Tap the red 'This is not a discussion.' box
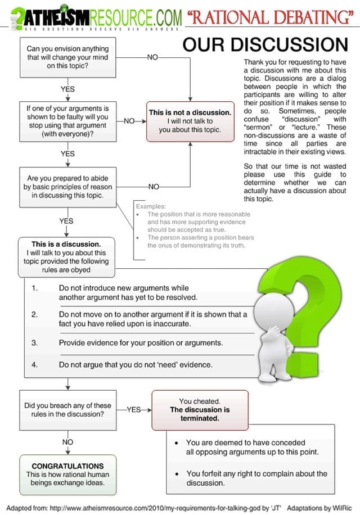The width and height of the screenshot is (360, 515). (190, 121)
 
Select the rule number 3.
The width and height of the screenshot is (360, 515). (34, 342)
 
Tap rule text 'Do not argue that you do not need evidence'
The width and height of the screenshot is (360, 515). (136, 364)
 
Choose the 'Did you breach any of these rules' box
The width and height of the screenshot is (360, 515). (67, 410)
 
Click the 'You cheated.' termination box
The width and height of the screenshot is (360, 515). (192, 410)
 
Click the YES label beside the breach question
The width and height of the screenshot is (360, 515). (134, 410)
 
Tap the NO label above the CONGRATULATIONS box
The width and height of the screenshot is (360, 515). (67, 442)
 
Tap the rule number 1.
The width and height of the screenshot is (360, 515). (34, 288)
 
